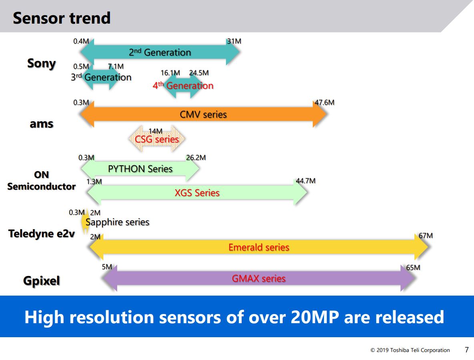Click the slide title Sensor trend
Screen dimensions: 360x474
[x=62, y=18]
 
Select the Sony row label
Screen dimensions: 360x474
[x=41, y=63]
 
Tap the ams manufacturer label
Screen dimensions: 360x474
[x=41, y=124]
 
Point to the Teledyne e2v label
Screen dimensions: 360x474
[x=42, y=234]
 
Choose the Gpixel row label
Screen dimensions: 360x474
[x=41, y=281]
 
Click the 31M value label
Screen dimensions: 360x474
[x=234, y=41]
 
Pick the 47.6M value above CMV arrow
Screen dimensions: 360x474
[x=324, y=102]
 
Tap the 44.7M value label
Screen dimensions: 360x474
[x=306, y=181]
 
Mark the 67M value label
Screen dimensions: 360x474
[x=426, y=235]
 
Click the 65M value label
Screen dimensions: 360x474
[x=413, y=267]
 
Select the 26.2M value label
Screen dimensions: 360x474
[x=196, y=158]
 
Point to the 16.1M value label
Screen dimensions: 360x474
[x=170, y=73]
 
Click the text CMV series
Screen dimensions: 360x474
[x=203, y=115]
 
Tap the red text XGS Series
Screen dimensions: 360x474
[x=197, y=193]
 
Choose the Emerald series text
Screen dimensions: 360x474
[x=259, y=247]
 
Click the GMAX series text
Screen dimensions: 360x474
[x=259, y=278]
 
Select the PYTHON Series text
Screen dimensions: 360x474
[x=140, y=169]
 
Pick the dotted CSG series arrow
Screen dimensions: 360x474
[x=157, y=139]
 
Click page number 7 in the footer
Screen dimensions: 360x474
[x=466, y=350]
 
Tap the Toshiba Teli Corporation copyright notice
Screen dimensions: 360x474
[x=410, y=350]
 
